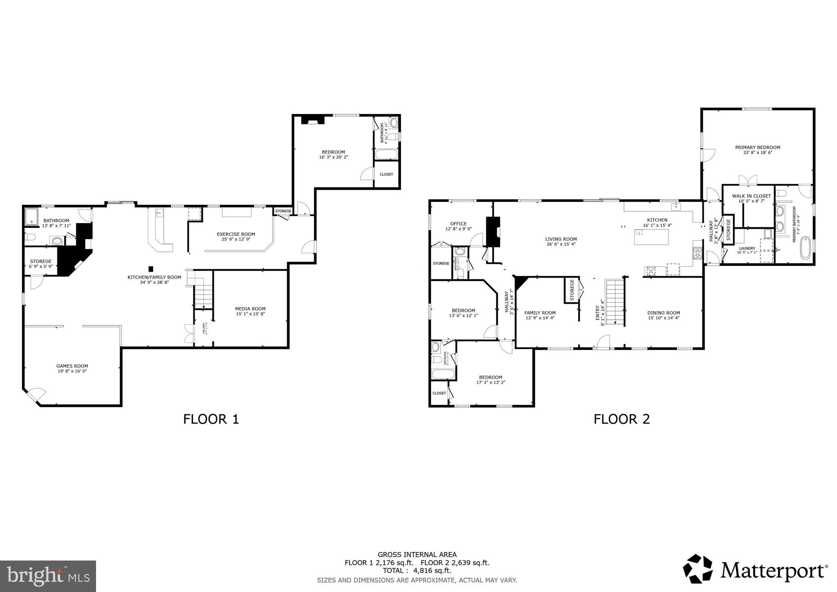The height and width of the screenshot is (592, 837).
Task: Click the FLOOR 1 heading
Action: coord(211,419)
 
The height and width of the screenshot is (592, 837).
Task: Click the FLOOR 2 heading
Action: coord(621,419)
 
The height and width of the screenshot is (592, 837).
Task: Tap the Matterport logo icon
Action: coord(697,569)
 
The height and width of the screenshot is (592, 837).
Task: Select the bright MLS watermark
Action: coord(48,576)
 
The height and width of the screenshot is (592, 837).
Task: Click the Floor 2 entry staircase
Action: coord(615,303)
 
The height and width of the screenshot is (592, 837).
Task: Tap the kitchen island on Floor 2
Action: coord(651,237)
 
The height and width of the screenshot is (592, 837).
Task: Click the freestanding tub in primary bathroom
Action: coord(805,248)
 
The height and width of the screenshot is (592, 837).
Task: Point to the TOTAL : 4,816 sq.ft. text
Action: coord(417,571)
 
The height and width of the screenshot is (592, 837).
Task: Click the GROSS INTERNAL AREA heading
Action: coord(417,555)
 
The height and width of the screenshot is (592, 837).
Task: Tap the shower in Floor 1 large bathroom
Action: coord(31,217)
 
